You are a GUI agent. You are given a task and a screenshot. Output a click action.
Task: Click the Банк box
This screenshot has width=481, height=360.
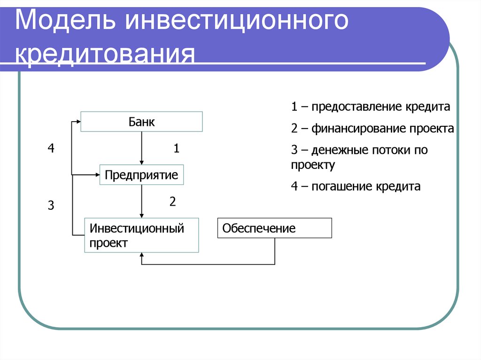tap(142, 122)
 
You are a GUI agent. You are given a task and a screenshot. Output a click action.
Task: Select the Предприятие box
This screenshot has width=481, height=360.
tap(141, 175)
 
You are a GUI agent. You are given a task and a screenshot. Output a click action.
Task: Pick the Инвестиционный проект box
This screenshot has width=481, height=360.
tap(141, 236)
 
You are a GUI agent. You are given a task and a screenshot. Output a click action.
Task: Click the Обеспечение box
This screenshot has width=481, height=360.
tap(274, 229)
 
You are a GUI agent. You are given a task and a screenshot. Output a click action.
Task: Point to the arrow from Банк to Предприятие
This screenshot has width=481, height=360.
tap(141, 148)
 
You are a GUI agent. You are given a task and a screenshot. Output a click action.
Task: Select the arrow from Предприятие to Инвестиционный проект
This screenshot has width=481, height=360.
tap(141, 201)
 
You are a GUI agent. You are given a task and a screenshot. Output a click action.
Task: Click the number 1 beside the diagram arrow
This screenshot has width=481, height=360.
tap(176, 149)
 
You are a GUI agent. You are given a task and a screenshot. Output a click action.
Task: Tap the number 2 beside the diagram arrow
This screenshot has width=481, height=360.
tap(172, 202)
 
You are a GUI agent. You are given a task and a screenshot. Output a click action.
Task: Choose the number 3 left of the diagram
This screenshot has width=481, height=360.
tap(51, 206)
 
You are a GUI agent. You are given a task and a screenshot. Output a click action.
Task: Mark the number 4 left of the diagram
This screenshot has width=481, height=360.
tap(51, 149)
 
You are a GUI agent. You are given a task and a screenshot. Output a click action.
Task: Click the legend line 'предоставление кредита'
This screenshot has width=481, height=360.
tap(370, 107)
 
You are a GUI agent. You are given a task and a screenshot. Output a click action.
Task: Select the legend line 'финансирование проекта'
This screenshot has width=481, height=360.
tap(372, 129)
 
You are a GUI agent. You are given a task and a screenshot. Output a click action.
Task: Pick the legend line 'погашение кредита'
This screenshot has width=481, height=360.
tap(355, 186)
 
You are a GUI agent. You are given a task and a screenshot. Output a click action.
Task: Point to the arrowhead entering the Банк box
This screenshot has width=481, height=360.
tap(78, 122)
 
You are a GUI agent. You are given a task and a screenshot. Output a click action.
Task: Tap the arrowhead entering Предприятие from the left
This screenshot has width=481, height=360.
tap(97, 175)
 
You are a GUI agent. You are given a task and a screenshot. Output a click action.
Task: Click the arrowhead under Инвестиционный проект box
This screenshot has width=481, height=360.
tap(141, 256)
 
